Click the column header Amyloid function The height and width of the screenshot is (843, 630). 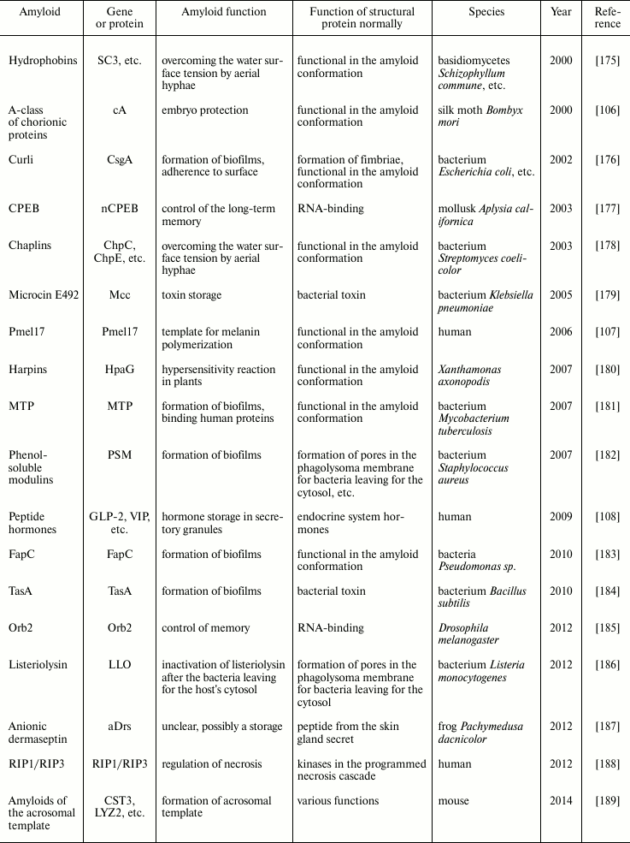224,12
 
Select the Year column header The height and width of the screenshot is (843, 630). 564,12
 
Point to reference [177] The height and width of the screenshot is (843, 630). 607,209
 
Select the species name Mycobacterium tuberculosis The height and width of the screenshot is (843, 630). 485,425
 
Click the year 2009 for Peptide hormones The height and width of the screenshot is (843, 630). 564,517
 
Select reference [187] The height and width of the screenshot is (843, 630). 607,727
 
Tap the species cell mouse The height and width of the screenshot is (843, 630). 453,801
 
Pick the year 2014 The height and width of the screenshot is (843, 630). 564,801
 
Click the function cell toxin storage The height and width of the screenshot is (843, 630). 191,295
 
